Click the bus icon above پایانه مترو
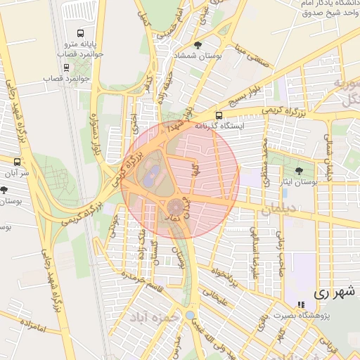[x=80, y=33]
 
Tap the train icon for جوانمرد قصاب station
[x=66, y=68]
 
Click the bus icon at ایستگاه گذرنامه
[x=219, y=115]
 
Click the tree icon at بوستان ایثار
[x=300, y=171]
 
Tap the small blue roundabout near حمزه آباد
[x=190, y=314]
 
